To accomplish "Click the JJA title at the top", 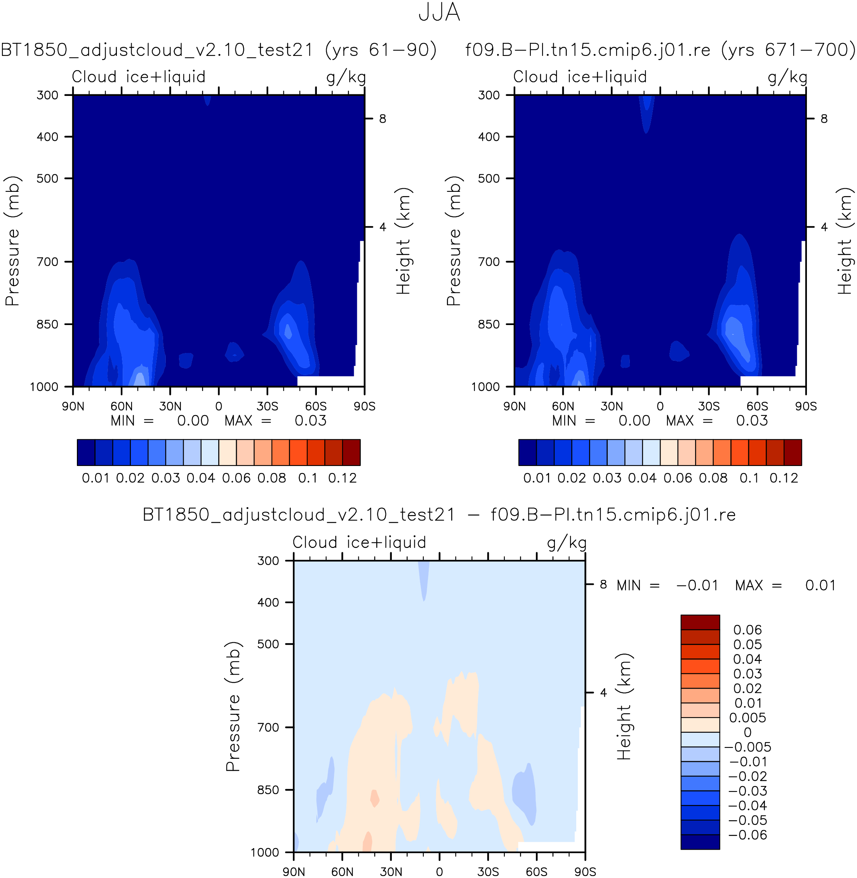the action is click(439, 12).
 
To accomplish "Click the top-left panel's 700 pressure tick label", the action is click(47, 261).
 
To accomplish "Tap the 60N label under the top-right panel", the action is click(563, 406).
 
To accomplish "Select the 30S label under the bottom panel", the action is click(488, 872).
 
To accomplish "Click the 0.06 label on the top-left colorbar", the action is click(237, 478).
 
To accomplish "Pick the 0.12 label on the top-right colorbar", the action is click(784, 478).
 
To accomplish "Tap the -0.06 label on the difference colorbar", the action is click(747, 835).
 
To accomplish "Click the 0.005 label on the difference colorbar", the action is click(747, 717).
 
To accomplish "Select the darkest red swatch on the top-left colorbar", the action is click(351, 452).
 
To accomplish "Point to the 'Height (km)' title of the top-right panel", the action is click(845, 241).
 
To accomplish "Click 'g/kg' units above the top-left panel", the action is click(346, 77).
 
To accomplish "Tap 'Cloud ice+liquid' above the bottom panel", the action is click(359, 542).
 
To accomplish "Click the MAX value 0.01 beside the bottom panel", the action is click(820, 585).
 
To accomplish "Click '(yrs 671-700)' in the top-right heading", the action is click(787, 49).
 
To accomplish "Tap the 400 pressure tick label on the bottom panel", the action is click(268, 602).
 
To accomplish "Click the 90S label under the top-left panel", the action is click(364, 406).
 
